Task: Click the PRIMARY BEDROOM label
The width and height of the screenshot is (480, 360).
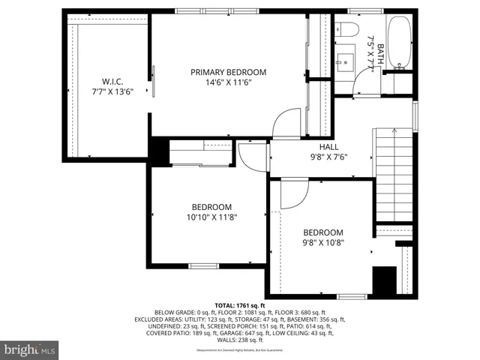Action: tap(228, 72)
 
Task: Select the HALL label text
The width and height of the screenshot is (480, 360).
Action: tap(328, 147)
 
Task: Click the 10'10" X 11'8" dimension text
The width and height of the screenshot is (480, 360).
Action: tap(211, 217)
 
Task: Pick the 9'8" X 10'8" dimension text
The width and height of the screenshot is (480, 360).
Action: tap(322, 243)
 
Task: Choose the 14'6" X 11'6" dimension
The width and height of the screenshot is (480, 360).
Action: tap(228, 82)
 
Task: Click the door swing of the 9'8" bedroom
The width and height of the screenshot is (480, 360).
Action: tap(294, 195)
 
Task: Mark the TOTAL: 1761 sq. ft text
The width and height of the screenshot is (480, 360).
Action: tap(240, 305)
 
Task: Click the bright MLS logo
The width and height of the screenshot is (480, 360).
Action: tap(30, 349)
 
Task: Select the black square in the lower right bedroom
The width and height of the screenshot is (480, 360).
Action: tap(384, 280)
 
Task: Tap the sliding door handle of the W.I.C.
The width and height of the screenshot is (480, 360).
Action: tap(154, 81)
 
